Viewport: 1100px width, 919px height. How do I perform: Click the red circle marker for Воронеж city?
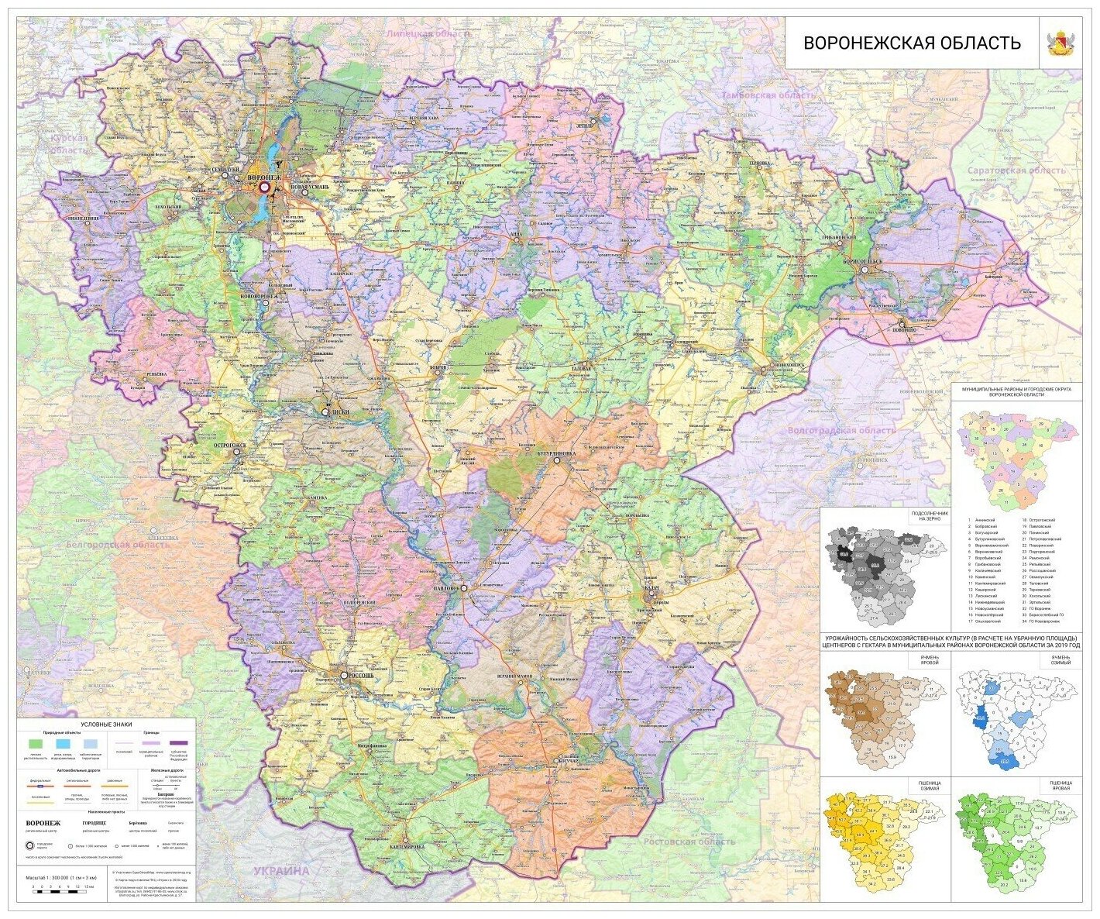point(264,187)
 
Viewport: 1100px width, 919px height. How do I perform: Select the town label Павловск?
point(442,590)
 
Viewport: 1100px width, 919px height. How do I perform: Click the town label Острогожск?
point(230,446)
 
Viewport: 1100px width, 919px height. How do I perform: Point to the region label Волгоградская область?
point(840,430)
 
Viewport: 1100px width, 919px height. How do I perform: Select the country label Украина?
point(282,871)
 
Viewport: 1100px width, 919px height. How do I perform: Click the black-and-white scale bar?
point(58,892)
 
